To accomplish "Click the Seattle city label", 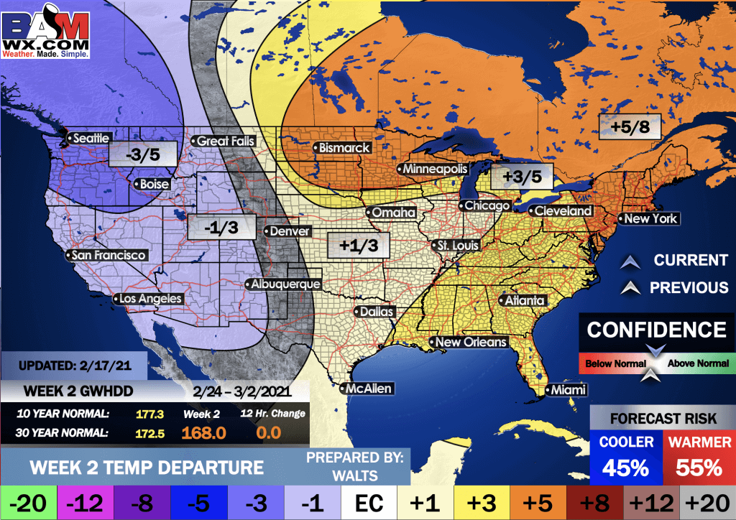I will point(91,138).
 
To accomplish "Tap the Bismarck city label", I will point(344,148).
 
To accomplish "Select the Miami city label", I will point(567,390).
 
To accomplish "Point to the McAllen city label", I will point(369,389).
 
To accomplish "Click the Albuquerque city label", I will point(285,284).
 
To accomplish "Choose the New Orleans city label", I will point(471,342).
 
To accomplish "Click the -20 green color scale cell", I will point(28,501).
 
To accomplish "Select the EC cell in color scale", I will point(368,501).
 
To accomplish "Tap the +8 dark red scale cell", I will point(594,501).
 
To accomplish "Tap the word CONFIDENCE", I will point(656,330).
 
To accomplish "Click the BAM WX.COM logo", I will point(47,31).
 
